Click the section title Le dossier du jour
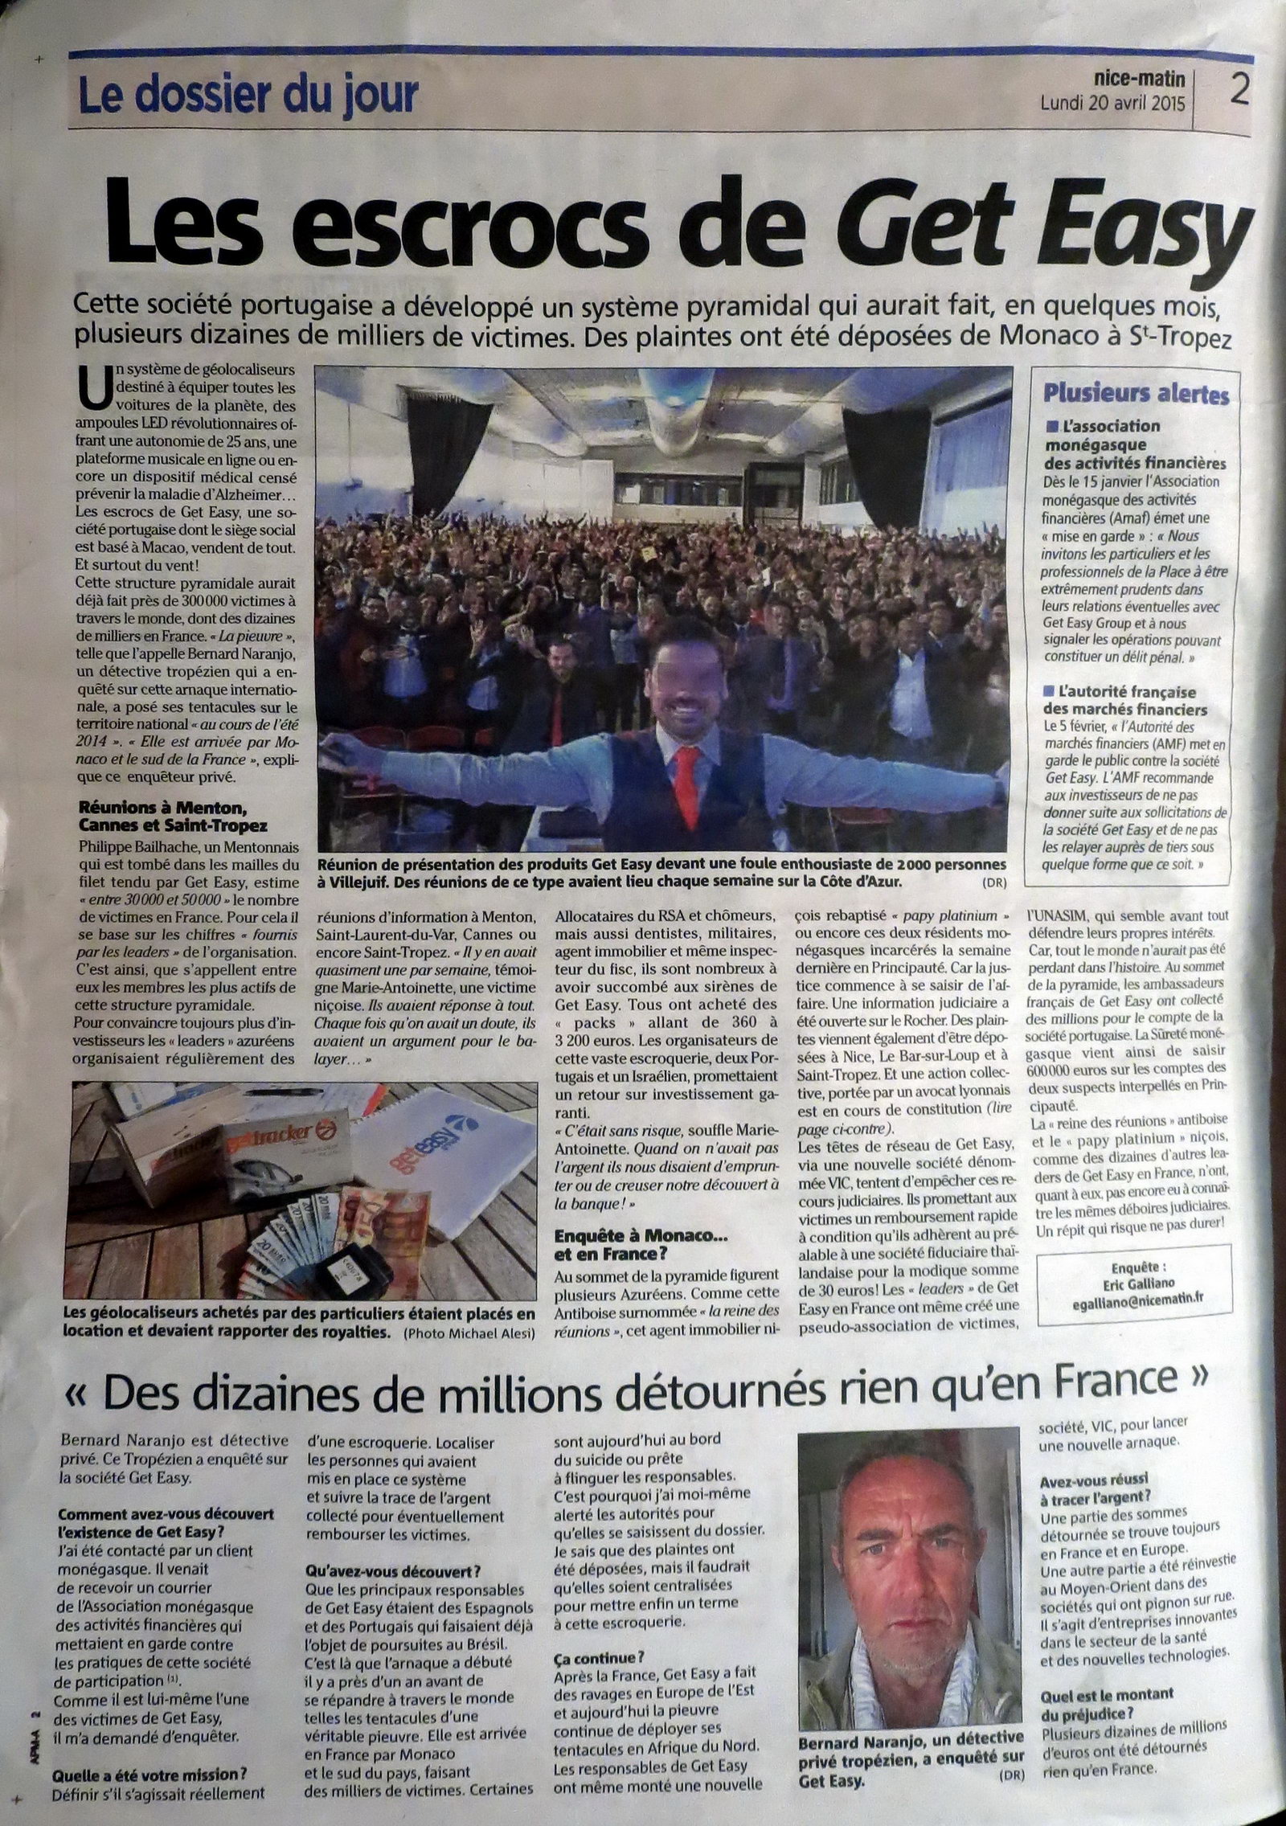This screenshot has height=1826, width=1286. click(248, 96)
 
